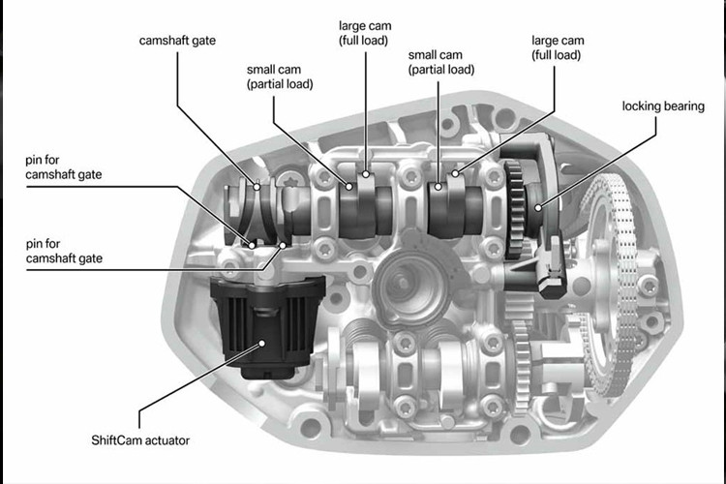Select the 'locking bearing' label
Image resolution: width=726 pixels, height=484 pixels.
662,106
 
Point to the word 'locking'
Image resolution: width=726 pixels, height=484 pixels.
643,106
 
